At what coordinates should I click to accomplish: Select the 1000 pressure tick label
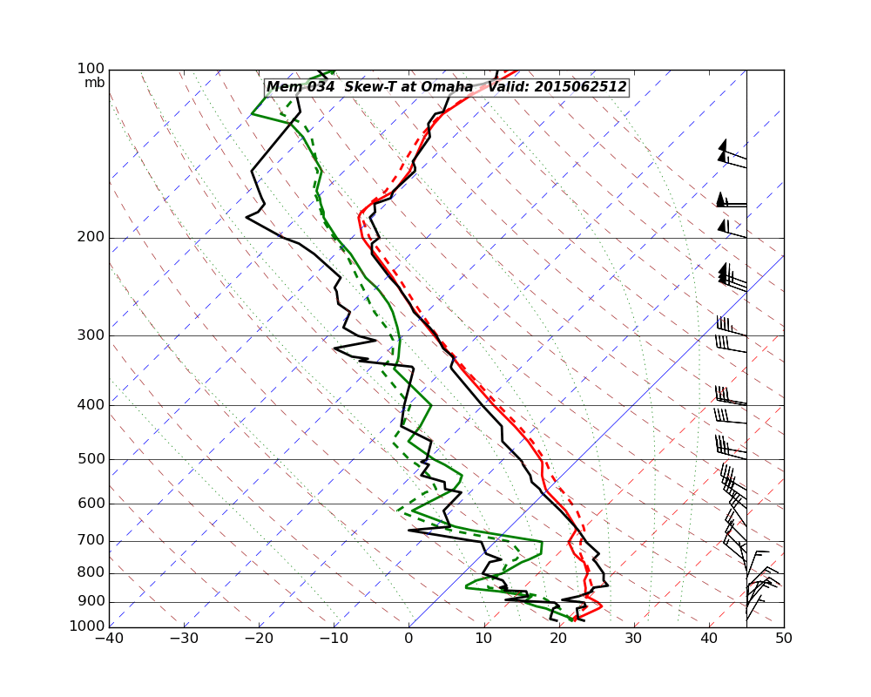(x=88, y=626)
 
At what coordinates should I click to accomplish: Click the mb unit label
(x=94, y=83)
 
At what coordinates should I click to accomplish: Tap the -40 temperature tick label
(x=109, y=638)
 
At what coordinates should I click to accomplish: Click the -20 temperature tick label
(x=259, y=638)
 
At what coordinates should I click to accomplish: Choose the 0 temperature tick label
(x=409, y=638)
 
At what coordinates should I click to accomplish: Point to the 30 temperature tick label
(x=634, y=638)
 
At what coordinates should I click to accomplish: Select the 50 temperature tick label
(x=784, y=638)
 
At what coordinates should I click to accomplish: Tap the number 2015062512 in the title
(x=580, y=87)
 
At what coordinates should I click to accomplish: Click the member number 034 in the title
(x=315, y=87)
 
